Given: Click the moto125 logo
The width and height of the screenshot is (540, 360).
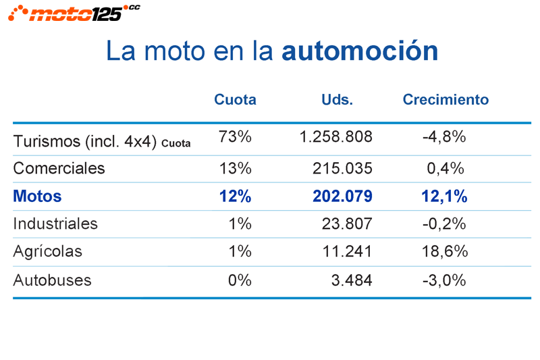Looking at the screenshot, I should pyautogui.click(x=74, y=12).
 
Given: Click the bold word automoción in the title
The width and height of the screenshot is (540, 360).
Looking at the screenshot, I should pyautogui.click(x=360, y=51).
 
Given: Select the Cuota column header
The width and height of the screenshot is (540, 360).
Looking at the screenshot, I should pyautogui.click(x=235, y=100).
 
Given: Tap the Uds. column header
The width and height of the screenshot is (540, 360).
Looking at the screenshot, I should pyautogui.click(x=337, y=100).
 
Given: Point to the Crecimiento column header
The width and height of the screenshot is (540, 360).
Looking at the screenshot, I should pyautogui.click(x=446, y=100).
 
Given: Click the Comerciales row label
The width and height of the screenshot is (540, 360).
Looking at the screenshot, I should pyautogui.click(x=59, y=168).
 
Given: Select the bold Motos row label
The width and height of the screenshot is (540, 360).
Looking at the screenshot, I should pyautogui.click(x=37, y=197).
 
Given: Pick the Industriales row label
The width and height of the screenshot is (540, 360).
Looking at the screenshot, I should pyautogui.click(x=55, y=224).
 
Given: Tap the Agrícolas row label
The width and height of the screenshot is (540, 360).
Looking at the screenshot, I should pyautogui.click(x=47, y=251).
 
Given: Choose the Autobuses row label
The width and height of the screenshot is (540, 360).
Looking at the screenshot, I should pyautogui.click(x=52, y=280).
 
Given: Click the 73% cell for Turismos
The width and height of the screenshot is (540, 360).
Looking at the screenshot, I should pyautogui.click(x=235, y=137).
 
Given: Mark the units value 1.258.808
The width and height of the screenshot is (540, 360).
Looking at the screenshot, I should pyautogui.click(x=335, y=137).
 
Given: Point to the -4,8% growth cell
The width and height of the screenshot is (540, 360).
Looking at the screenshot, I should pyautogui.click(x=444, y=137).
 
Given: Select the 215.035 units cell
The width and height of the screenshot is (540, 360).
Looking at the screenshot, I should pyautogui.click(x=342, y=168).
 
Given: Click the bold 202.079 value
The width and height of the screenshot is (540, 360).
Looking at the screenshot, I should pyautogui.click(x=342, y=197).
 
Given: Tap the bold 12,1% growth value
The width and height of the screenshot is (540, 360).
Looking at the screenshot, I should pyautogui.click(x=444, y=197).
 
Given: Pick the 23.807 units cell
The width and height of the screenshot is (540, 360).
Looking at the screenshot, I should pyautogui.click(x=347, y=224).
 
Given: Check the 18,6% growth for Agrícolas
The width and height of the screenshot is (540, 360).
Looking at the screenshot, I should pyautogui.click(x=444, y=251).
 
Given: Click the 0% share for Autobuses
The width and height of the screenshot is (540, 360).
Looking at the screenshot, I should pyautogui.click(x=240, y=280).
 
